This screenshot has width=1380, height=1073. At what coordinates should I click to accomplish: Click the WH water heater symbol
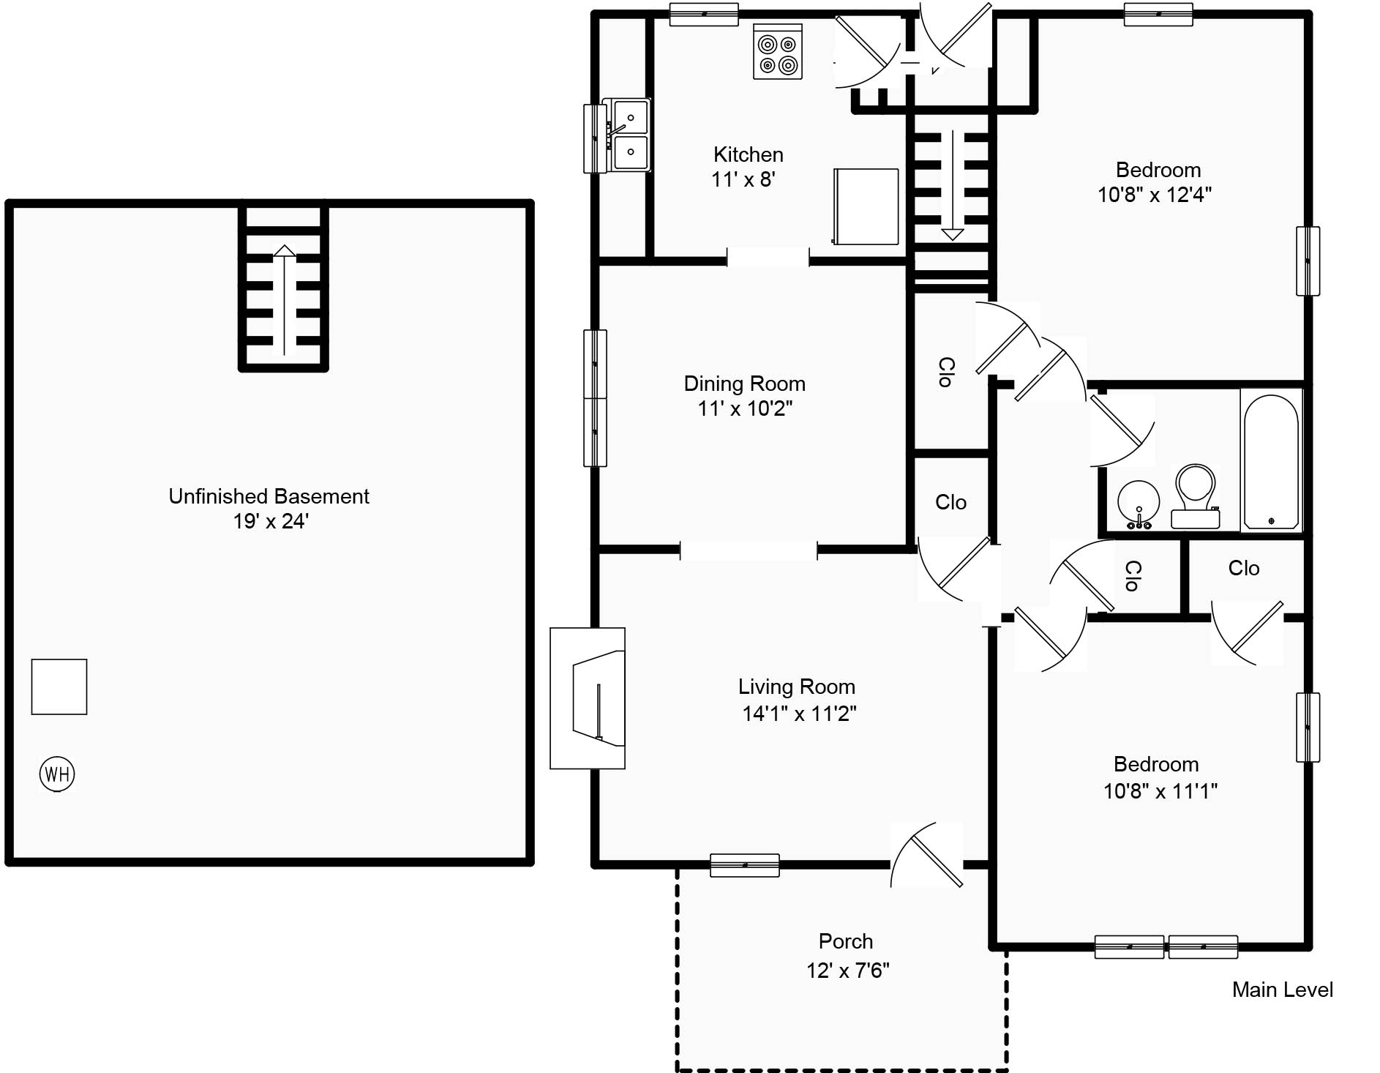pyautogui.click(x=57, y=774)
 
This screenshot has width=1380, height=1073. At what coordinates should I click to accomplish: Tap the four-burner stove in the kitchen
pyautogui.click(x=778, y=52)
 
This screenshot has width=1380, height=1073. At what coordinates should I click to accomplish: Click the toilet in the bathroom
pyautogui.click(x=1195, y=496)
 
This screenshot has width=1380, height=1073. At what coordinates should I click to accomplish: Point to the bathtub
pyautogui.click(x=1272, y=460)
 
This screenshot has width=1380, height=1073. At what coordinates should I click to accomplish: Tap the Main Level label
pyautogui.click(x=1282, y=990)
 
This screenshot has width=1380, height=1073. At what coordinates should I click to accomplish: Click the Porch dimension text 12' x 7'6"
pyautogui.click(x=847, y=971)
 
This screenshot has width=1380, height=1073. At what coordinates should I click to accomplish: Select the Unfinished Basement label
pyautogui.click(x=269, y=496)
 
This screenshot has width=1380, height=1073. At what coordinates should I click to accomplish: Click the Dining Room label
pyautogui.click(x=744, y=384)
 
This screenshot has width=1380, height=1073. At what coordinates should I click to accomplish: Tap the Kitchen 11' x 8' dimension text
pyautogui.click(x=743, y=179)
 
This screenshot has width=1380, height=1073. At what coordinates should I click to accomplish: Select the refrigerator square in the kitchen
pyautogui.click(x=866, y=206)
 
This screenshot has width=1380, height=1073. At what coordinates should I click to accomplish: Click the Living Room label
pyautogui.click(x=796, y=687)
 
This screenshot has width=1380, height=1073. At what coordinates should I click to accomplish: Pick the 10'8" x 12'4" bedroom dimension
pyautogui.click(x=1154, y=195)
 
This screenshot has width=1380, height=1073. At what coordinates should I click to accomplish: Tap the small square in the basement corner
pyautogui.click(x=59, y=687)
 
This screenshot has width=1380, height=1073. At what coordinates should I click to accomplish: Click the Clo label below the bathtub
pyautogui.click(x=1243, y=568)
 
